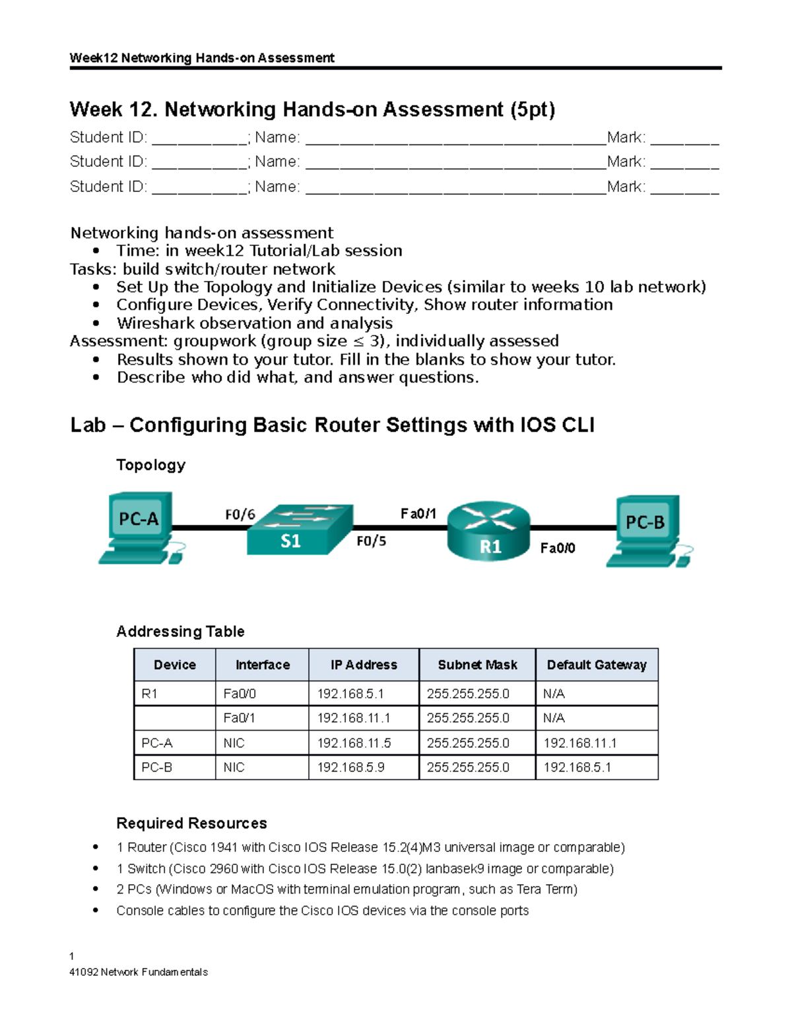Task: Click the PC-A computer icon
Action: pyautogui.click(x=140, y=527)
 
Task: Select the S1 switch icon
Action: pyautogui.click(x=300, y=531)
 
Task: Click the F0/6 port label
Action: pyautogui.click(x=240, y=514)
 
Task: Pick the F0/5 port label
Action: pyautogui.click(x=371, y=541)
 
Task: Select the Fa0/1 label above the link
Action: pyautogui.click(x=418, y=514)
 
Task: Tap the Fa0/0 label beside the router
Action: pyautogui.click(x=558, y=548)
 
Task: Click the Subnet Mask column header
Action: pyautogui.click(x=477, y=665)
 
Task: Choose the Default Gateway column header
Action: pyautogui.click(x=597, y=665)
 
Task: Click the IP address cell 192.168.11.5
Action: pyautogui.click(x=354, y=743)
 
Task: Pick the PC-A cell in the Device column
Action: pyautogui.click(x=157, y=743)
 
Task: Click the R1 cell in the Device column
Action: pyautogui.click(x=150, y=694)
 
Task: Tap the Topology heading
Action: pyautogui.click(x=150, y=465)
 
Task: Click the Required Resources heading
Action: pyautogui.click(x=191, y=823)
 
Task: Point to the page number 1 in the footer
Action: pyautogui.click(x=72, y=956)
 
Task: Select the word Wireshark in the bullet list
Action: pyautogui.click(x=156, y=323)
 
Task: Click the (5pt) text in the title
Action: pyautogui.click(x=532, y=109)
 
